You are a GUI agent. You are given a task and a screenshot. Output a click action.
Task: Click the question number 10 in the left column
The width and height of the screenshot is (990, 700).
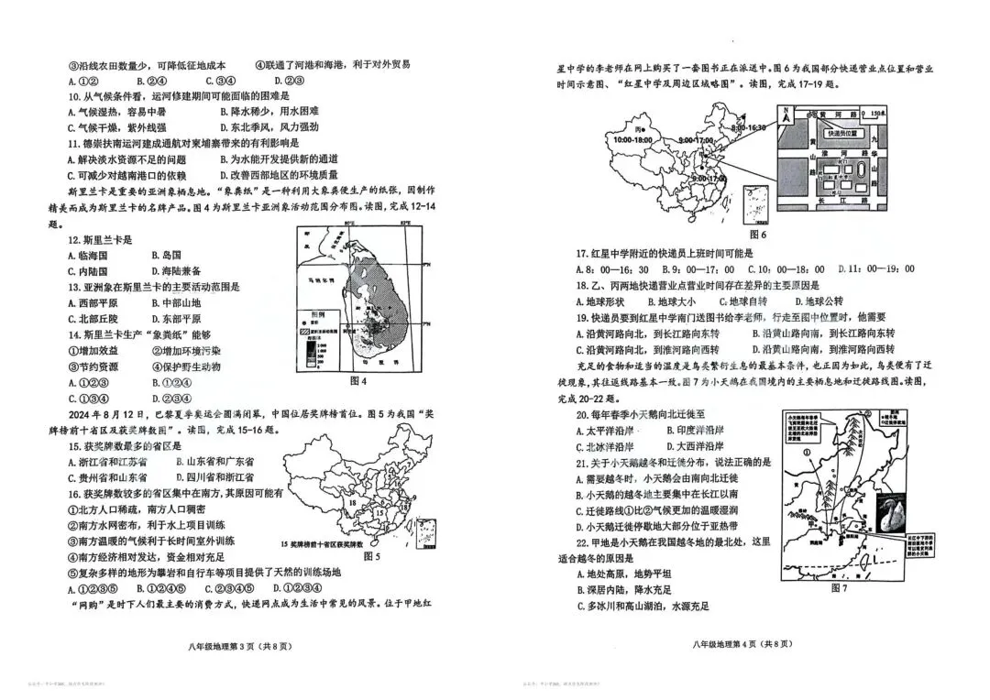[x=73, y=95]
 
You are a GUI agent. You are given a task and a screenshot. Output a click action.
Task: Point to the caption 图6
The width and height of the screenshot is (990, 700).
[x=756, y=235]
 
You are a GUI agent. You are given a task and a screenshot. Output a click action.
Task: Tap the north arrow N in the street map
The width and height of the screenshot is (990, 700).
[x=786, y=113]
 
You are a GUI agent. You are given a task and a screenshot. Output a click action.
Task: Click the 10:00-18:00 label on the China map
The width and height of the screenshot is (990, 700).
[x=632, y=140]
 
